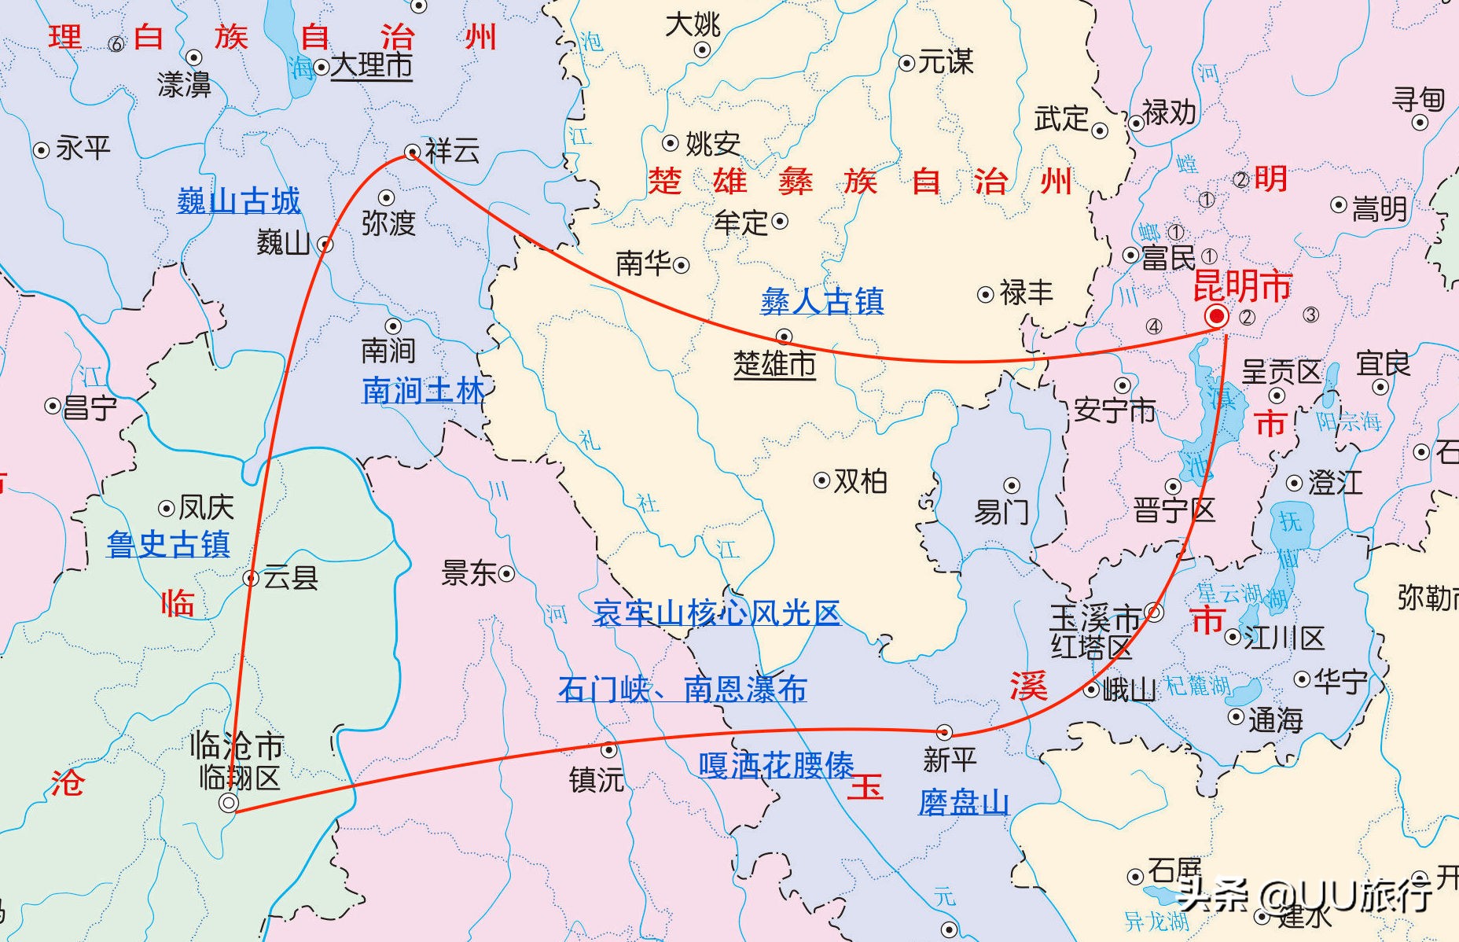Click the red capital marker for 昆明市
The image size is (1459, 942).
pos(1217,316)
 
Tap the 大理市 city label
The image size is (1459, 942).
pos(371,66)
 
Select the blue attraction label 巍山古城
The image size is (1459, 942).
pos(239,201)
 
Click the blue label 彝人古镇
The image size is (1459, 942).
pos(822,301)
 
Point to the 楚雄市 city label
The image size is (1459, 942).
pos(774,364)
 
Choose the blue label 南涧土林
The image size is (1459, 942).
pos(423,390)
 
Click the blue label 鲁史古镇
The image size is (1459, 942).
pos(168,544)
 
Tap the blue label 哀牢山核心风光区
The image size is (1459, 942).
pos(717,613)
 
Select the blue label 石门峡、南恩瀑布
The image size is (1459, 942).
pos(682,689)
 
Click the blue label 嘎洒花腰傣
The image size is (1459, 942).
pos(777,765)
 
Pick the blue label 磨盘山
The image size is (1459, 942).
pos(964,803)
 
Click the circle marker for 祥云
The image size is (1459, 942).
pos(412,151)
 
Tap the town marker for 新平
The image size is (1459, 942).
pos(944,732)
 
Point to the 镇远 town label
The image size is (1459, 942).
pos(597,779)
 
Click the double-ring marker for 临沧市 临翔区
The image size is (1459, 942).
pos(229,803)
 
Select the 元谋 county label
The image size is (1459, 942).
pos(946,62)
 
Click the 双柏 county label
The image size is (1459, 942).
pos(861,480)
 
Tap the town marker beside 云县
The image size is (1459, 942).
pos(252,579)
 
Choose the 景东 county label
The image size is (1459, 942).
pos(469,573)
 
